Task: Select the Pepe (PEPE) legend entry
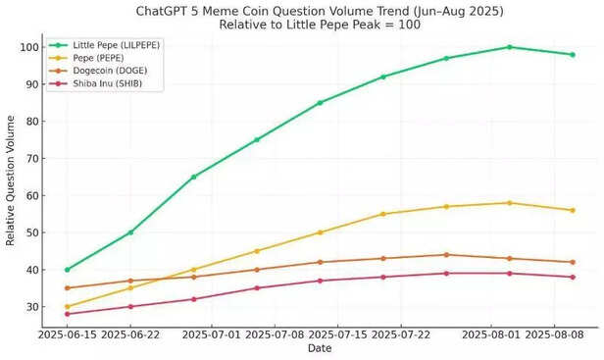pos(92,58)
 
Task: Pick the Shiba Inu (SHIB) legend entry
pos(100,83)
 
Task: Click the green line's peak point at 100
pos(510,47)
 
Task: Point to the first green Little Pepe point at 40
pos(68,270)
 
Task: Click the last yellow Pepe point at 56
pos(573,210)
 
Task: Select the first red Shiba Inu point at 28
pos(68,314)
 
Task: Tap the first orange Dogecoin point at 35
pos(68,288)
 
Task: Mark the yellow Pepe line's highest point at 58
pos(510,203)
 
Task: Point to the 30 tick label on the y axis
pos(34,307)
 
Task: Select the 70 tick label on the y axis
pos(34,159)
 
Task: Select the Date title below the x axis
pos(320,348)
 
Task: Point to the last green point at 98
pos(573,55)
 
